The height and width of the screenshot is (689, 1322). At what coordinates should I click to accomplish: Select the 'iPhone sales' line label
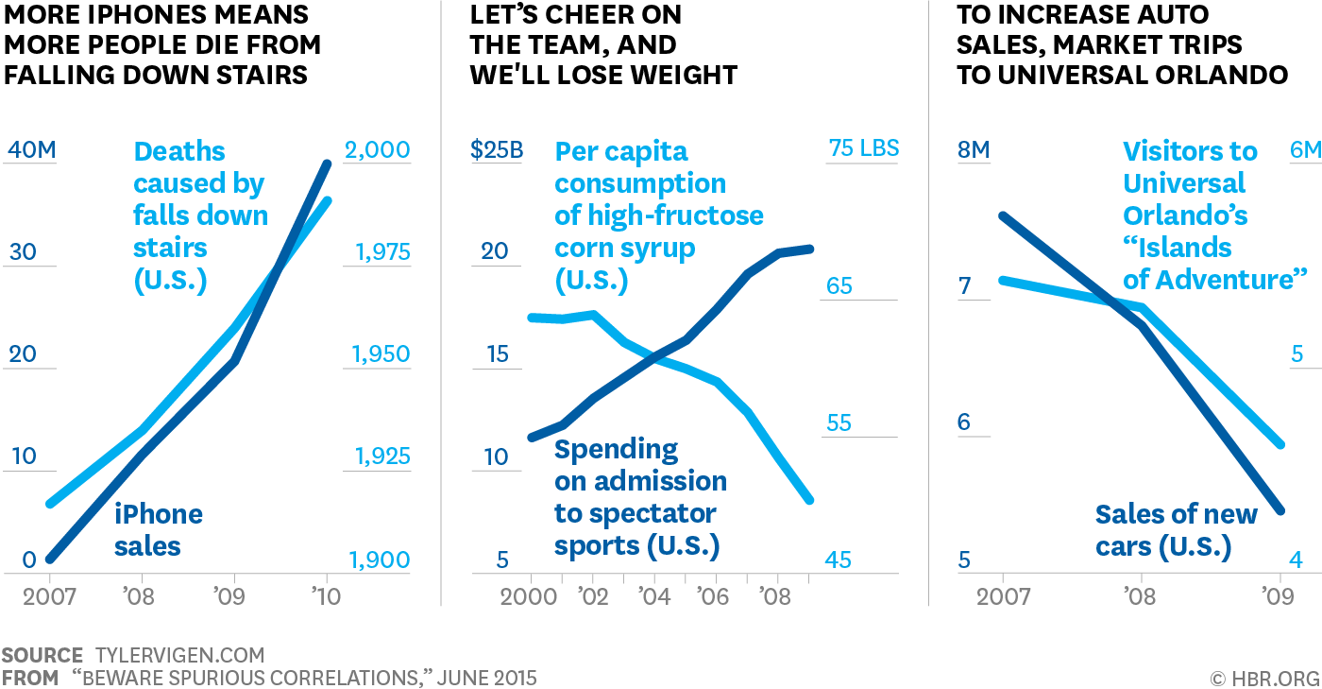click(x=158, y=530)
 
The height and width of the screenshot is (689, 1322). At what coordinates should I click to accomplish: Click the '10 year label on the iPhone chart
click(x=326, y=596)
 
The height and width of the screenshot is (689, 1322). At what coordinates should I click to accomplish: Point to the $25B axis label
click(x=497, y=150)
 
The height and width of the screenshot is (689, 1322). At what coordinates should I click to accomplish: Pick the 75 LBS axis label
click(x=863, y=148)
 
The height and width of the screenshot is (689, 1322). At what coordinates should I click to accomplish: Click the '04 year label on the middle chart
click(x=654, y=596)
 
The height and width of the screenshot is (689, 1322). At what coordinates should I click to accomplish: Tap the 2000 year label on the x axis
click(x=529, y=596)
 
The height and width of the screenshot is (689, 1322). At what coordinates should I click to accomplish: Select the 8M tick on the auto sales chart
click(x=974, y=150)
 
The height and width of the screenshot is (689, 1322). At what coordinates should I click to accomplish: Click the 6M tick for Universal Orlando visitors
click(x=1305, y=150)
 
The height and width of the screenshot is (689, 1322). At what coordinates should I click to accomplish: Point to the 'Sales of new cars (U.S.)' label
click(x=1176, y=530)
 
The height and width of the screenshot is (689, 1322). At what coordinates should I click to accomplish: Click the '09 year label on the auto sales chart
click(x=1280, y=596)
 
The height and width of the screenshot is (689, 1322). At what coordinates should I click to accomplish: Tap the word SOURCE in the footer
click(x=42, y=655)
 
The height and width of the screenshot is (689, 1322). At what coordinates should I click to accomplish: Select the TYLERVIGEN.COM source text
click(x=180, y=655)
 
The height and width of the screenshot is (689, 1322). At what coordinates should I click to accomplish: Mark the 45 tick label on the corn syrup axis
click(x=838, y=560)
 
